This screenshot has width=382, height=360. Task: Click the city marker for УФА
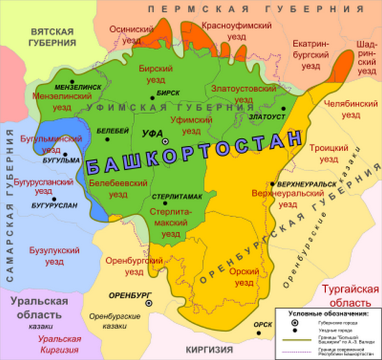point(164,141)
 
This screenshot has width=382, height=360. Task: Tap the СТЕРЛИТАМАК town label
point(176,197)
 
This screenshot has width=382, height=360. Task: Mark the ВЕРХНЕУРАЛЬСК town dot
point(272,184)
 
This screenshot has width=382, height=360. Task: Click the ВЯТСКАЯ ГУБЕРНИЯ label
point(52,37)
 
